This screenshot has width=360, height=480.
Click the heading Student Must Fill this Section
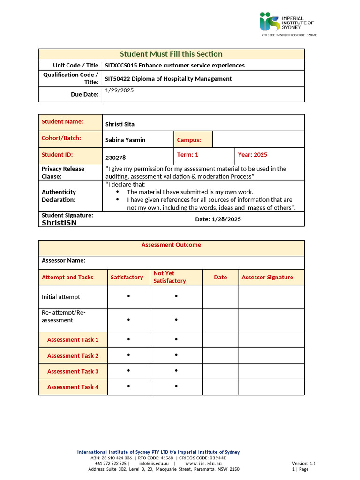click(x=171, y=54)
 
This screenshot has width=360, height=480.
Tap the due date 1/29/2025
click(x=120, y=90)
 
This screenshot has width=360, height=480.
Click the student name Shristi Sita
click(x=120, y=124)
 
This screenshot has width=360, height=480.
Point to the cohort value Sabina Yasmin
click(x=125, y=140)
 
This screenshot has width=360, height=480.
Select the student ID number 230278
click(x=116, y=158)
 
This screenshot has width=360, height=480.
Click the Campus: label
click(x=189, y=140)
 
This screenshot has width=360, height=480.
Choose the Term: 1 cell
click(x=188, y=155)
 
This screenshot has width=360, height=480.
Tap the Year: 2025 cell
click(x=253, y=155)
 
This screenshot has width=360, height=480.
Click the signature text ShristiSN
click(x=59, y=223)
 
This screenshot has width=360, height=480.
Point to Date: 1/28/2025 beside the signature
click(x=218, y=219)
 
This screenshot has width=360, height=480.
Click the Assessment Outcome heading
click(x=171, y=245)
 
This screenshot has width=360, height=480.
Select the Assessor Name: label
click(x=64, y=261)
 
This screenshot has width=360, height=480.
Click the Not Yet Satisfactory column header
click(x=170, y=277)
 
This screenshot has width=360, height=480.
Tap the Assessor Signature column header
click(x=267, y=277)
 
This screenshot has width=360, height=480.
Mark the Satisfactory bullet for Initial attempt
click(x=129, y=296)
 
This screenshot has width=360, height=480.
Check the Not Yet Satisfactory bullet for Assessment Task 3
click(x=176, y=371)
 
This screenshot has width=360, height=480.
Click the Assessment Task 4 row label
click(x=73, y=387)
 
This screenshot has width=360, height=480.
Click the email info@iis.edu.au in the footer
click(x=154, y=464)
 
